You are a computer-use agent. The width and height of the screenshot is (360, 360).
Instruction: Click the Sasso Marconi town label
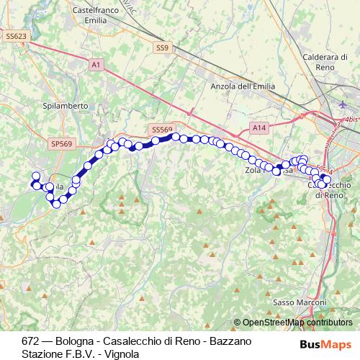tap(300, 302)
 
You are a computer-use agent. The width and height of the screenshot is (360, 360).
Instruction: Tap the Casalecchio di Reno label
tap(330, 189)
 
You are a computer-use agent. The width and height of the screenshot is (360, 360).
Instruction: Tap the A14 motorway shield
tap(259, 127)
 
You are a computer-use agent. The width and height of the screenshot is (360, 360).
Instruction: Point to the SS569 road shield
tap(162, 129)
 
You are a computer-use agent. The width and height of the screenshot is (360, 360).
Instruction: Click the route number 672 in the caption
tap(30, 341)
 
